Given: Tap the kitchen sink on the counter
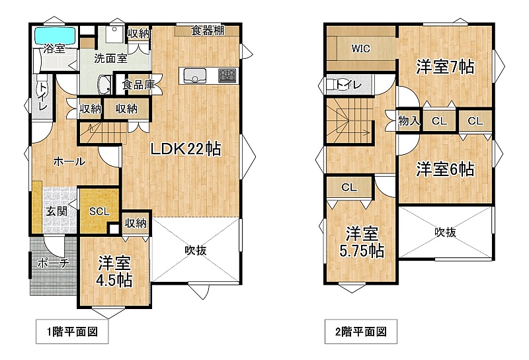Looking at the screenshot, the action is [194, 75].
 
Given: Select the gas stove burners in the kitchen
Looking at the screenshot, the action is [227, 75].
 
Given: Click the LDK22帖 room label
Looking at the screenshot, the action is [186, 149].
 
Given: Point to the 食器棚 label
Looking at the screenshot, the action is [208, 30].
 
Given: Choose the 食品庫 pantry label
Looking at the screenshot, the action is [138, 85].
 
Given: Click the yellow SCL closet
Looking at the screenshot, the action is [99, 211].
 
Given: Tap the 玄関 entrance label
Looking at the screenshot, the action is [56, 211].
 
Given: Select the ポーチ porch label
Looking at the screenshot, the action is [53, 263].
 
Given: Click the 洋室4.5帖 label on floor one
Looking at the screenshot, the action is [114, 271].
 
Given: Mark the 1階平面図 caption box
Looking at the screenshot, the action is [72, 332].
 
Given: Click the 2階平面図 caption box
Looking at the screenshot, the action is [361, 332].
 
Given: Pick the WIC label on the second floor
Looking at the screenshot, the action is [360, 48].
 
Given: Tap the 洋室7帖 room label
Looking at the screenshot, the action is [445, 67].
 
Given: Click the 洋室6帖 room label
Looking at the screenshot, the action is [445, 169].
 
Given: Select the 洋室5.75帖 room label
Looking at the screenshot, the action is [361, 242].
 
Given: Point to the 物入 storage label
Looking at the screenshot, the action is [409, 120].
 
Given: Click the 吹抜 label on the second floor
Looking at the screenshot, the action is [445, 232].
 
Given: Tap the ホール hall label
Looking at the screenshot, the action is [69, 161].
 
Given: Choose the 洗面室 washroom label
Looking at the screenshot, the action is [110, 58].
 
